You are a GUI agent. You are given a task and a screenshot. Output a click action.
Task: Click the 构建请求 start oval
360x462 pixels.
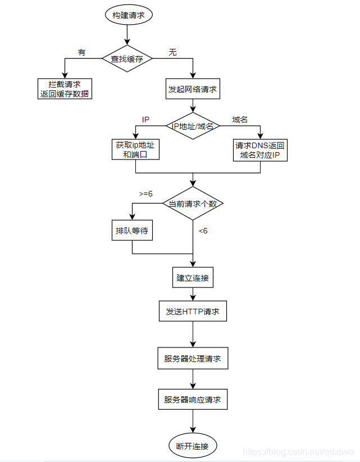pos(129,15)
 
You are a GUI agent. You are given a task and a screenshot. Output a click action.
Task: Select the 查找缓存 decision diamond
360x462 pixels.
pos(127,58)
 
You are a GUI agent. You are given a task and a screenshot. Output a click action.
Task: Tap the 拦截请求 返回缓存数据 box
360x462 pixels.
pos(65,89)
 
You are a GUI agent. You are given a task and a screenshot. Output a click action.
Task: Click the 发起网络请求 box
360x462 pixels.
pos(193,89)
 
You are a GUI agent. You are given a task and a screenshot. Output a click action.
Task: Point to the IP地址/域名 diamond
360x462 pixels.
pos(193,126)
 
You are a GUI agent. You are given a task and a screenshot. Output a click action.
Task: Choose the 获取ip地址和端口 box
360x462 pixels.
pos(135,149)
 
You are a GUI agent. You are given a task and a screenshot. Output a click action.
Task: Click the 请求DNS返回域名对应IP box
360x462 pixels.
pos(260,150)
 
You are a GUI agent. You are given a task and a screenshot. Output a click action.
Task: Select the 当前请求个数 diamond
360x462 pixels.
pos(193,203)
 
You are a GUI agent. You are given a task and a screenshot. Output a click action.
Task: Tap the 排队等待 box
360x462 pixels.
pos(132,230)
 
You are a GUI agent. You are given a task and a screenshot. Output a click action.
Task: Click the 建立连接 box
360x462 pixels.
pos(193,277)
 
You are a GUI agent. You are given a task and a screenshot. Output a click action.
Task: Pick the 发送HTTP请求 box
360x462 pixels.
pos(193,311)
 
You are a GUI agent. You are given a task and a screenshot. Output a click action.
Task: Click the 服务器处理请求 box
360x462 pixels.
pos(193,358)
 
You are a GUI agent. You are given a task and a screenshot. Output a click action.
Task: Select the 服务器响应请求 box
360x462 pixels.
pos(193,400)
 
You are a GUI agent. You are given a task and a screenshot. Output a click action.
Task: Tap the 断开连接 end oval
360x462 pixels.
pos(193,446)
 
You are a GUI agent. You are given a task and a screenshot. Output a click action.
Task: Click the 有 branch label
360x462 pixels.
pos(81,52)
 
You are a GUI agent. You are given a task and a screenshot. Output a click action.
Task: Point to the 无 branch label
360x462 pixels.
pos(172,52)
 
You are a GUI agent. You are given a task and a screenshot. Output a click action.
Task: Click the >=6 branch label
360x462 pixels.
pos(146,194)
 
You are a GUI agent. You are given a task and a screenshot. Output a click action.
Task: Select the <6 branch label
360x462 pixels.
pos(203,231)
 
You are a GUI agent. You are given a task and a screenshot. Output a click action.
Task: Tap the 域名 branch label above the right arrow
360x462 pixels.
pos(240,120)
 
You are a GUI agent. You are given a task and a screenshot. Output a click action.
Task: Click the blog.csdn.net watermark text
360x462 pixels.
pos(299,452)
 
